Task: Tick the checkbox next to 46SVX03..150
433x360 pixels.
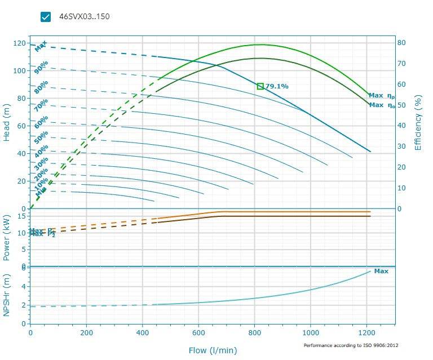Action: tap(46, 17)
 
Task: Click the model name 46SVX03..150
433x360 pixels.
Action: tap(84, 16)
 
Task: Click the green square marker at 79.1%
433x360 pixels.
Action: tap(260, 86)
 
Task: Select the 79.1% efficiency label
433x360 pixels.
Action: tap(277, 86)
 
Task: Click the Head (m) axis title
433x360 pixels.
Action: tap(7, 126)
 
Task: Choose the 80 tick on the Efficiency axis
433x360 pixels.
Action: tap(401, 42)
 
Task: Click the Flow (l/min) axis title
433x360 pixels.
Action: tap(213, 350)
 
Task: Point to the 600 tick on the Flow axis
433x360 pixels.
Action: tap(198, 333)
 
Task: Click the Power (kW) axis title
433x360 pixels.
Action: tap(7, 237)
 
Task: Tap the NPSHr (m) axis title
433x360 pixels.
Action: tap(7, 295)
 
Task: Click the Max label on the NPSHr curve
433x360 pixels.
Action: tap(381, 271)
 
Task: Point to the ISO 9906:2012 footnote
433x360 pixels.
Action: tap(354, 345)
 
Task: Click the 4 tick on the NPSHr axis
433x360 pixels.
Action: tap(24, 286)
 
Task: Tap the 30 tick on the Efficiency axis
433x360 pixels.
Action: tap(401, 146)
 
